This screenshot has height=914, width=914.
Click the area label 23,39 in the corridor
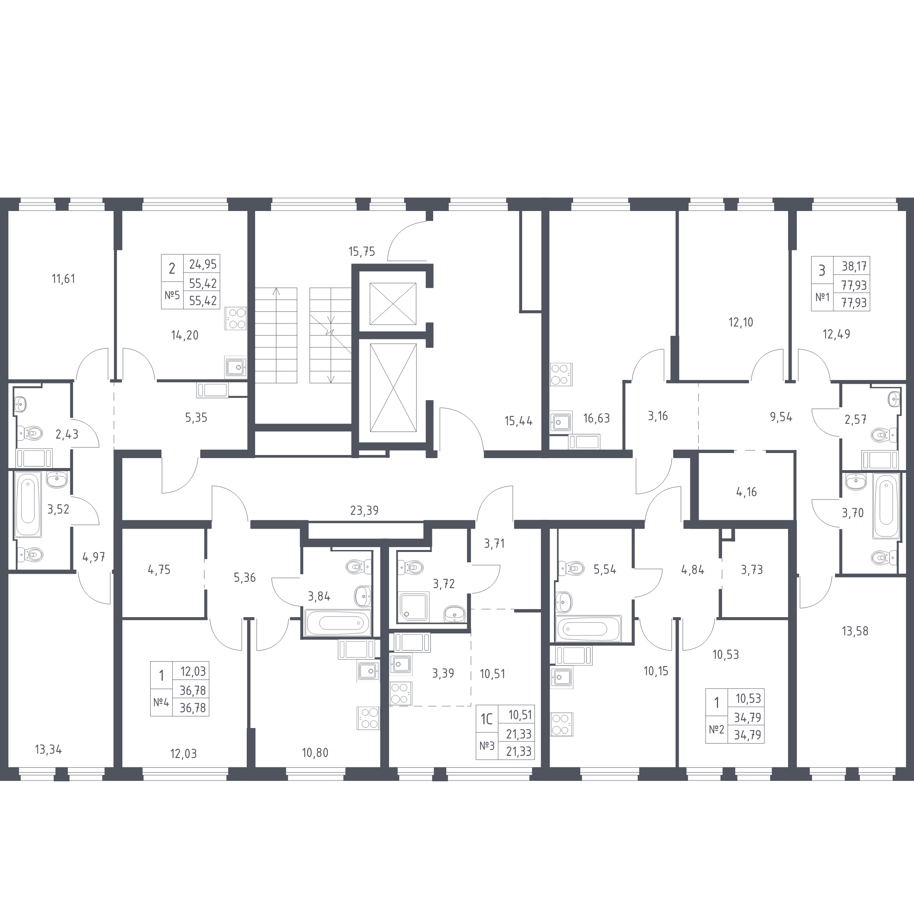tap(364, 511)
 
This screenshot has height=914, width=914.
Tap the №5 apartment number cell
tap(172, 296)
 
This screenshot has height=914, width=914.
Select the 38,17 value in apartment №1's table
tap(854, 266)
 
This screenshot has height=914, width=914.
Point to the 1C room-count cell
tap(487, 719)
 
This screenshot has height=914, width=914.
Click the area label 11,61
tap(64, 279)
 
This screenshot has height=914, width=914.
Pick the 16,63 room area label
tap(596, 418)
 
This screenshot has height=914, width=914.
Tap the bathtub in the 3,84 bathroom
tap(338, 623)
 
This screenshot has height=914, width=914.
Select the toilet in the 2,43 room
tap(29, 432)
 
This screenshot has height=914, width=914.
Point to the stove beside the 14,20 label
tap(236, 318)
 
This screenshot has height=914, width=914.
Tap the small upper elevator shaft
tap(393, 304)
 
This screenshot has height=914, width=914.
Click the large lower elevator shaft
tap(393, 387)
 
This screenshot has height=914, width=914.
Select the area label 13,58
tap(855, 631)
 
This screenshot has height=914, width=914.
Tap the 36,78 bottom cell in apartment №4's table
tap(193, 708)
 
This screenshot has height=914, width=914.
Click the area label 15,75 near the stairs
tap(362, 252)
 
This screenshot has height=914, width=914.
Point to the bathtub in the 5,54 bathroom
tap(589, 629)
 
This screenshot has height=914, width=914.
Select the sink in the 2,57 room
tap(894, 399)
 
